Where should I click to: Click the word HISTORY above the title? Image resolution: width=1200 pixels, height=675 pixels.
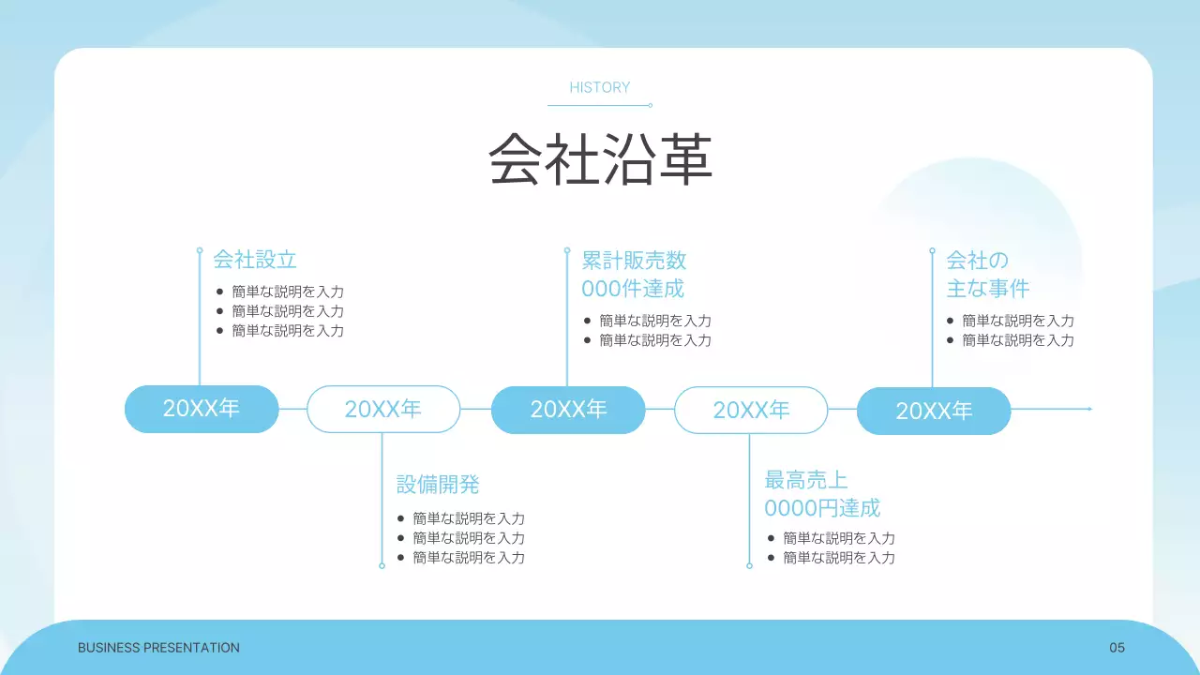click(600, 87)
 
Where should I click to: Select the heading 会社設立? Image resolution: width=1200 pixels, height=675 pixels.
click(255, 260)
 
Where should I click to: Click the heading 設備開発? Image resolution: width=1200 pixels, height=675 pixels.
click(438, 485)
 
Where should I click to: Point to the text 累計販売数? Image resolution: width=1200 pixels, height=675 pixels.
click(634, 260)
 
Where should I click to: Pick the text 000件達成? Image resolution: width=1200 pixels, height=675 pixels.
click(633, 289)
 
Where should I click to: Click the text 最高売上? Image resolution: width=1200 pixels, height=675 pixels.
click(806, 481)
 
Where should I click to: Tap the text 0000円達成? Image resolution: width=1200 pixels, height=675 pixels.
click(822, 509)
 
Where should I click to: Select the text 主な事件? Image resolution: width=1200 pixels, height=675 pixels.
click(988, 289)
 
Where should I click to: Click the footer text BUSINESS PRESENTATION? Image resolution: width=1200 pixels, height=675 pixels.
click(158, 648)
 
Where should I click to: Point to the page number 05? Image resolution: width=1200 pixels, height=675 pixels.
click(1117, 648)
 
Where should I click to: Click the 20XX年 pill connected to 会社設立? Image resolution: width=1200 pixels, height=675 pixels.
click(202, 409)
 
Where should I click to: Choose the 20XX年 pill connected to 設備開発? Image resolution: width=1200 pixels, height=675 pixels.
click(383, 409)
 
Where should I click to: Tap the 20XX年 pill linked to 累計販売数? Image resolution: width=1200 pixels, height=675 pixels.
click(568, 410)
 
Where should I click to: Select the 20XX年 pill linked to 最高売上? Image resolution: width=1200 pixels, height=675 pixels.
click(751, 410)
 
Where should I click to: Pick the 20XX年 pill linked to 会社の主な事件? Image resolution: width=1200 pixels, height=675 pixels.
click(934, 411)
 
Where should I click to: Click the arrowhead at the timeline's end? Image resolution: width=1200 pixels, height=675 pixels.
click(1089, 409)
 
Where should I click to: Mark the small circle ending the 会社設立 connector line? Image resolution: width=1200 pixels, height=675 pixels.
click(200, 250)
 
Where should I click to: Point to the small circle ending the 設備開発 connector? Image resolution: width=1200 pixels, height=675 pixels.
click(382, 565)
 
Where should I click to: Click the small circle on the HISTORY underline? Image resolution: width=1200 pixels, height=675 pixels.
click(651, 105)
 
